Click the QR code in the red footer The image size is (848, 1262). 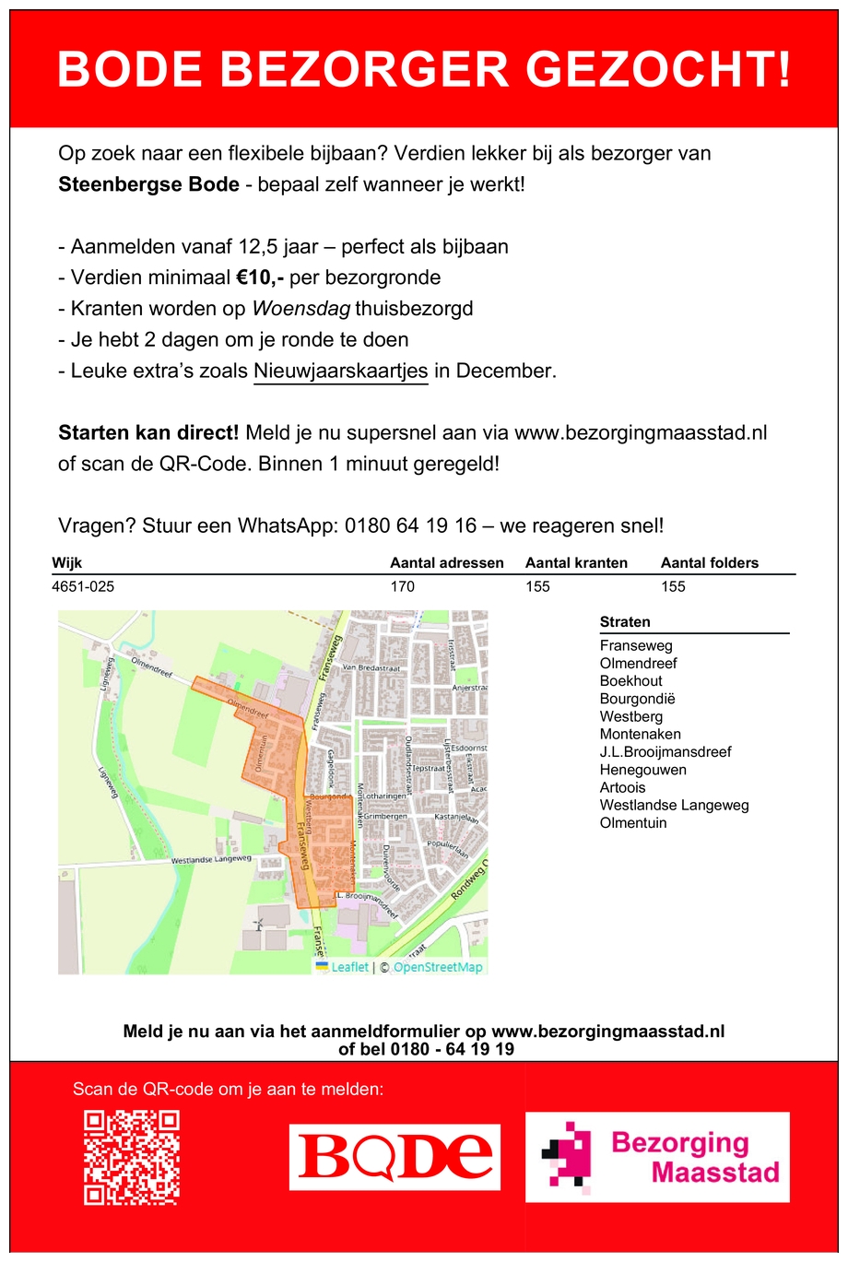click(x=131, y=1157)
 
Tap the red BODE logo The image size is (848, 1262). click(x=395, y=1157)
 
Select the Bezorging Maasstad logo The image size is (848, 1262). click(x=657, y=1157)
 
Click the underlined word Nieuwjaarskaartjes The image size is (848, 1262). click(x=341, y=371)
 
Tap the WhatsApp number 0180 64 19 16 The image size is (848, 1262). click(x=411, y=525)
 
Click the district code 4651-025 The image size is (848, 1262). click(x=83, y=586)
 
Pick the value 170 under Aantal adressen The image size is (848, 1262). click(x=403, y=586)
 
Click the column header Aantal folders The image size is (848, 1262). click(x=710, y=563)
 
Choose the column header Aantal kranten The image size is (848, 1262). click(x=576, y=563)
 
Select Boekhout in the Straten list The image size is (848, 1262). click(x=630, y=681)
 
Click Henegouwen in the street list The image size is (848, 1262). click(x=642, y=770)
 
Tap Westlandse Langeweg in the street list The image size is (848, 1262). click(x=674, y=805)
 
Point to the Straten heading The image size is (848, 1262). click(x=625, y=622)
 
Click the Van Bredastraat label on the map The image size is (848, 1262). click(x=371, y=667)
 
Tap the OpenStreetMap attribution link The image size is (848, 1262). click(x=438, y=967)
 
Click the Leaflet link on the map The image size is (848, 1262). click(x=349, y=967)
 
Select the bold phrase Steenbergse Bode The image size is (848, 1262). click(x=148, y=184)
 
